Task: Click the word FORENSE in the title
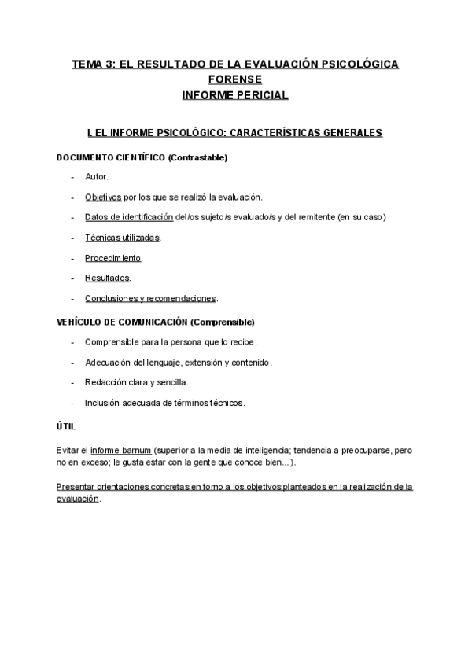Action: pos(235,79)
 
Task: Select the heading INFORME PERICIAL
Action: pos(235,95)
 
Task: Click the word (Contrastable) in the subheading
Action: pos(197,157)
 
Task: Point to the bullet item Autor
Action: pos(97,177)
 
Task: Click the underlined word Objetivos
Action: pos(103,197)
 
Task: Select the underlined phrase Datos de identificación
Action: pos(129,217)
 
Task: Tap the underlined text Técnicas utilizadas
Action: pos(123,238)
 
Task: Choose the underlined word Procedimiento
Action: pos(113,257)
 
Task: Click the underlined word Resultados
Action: pos(107,278)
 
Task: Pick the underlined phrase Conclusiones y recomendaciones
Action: pos(150,298)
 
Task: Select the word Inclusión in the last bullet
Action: pos(103,403)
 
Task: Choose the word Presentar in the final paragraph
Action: pos(76,487)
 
